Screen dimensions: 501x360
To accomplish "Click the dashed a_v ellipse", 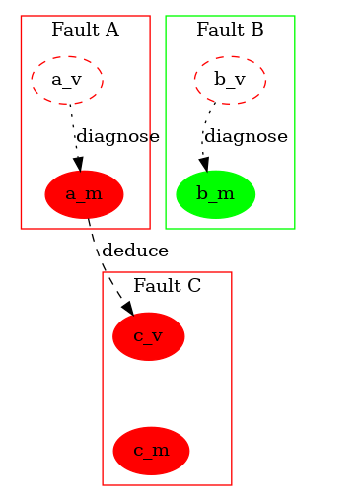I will [x=67, y=79].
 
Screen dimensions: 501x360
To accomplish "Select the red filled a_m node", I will [x=84, y=193].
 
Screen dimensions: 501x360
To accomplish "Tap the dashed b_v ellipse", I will [x=229, y=79].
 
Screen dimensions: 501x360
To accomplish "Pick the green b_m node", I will [x=215, y=193].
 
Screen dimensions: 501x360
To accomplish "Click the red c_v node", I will [x=148, y=337].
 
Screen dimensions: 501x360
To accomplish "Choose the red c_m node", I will [x=151, y=451].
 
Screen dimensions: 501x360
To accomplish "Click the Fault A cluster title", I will [x=85, y=29].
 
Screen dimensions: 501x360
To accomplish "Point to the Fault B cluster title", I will [x=230, y=29].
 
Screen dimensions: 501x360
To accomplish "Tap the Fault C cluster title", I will [x=167, y=286].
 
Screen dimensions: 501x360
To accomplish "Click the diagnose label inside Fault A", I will [x=117, y=136].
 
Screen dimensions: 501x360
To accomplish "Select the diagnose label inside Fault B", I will [x=247, y=136].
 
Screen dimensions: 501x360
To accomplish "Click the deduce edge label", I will [x=134, y=250].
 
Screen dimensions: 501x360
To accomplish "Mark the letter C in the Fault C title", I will [x=194, y=286].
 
